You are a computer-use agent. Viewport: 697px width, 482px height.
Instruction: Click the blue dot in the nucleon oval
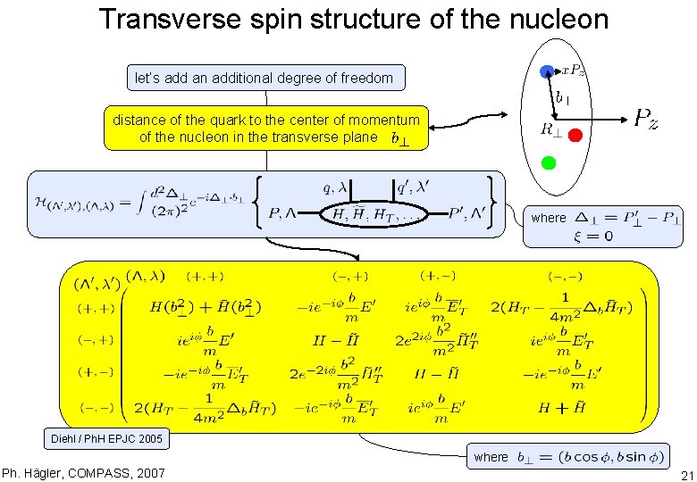point(547,71)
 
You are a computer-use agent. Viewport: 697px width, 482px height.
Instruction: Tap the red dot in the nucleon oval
point(575,135)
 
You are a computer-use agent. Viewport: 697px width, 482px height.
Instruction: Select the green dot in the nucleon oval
point(549,162)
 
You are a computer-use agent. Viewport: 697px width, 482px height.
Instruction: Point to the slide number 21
point(686,474)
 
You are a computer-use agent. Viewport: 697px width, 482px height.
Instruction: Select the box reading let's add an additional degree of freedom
point(264,78)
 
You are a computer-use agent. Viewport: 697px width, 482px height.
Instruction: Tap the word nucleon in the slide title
point(553,20)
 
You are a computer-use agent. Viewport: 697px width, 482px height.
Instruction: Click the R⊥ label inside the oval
point(551,129)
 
